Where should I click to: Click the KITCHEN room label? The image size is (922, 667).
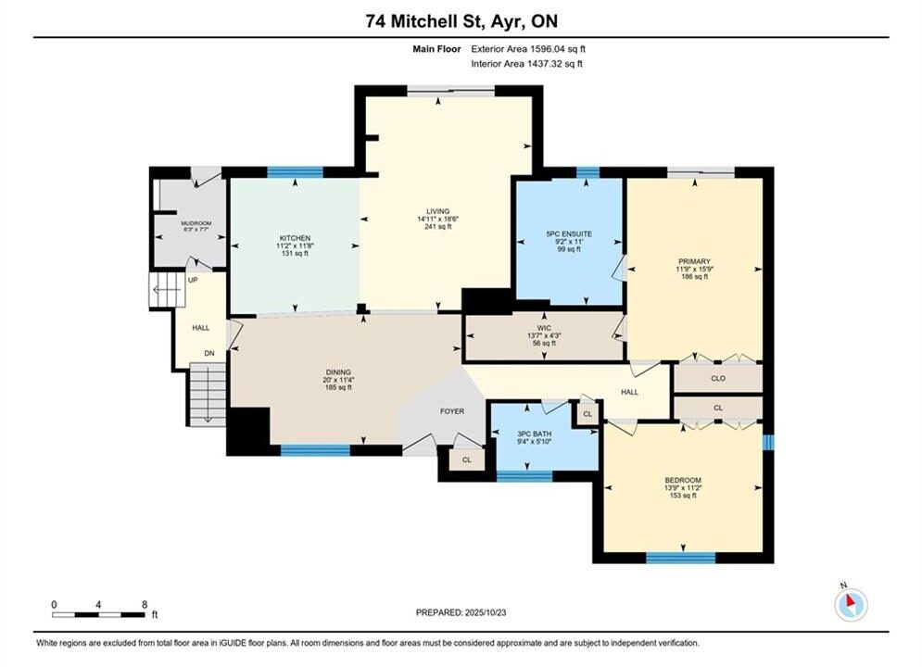tap(295, 238)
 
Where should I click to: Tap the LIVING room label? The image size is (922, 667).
tap(438, 211)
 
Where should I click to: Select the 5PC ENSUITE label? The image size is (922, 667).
tap(569, 233)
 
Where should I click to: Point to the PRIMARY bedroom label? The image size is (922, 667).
tap(694, 261)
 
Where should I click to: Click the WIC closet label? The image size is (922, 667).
tap(544, 328)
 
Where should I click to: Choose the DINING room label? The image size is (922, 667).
tap(338, 372)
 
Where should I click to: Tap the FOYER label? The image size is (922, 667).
tap(452, 411)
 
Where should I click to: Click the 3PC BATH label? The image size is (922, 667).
tap(534, 434)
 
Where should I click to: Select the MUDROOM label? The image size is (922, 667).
tap(196, 224)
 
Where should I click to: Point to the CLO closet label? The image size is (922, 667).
tap(718, 379)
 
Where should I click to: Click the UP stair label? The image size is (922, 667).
tap(193, 281)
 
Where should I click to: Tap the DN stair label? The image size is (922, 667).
tap(209, 353)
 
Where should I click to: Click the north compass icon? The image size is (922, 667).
tap(851, 603)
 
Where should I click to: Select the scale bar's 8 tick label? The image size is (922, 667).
tap(145, 604)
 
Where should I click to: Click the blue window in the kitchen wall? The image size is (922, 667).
tap(296, 172)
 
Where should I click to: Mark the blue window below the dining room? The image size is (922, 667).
tap(315, 451)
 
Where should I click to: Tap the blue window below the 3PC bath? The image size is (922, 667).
tap(524, 476)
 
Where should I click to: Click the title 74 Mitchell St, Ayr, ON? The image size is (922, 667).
tap(461, 21)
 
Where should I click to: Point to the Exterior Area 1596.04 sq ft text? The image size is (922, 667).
tap(528, 49)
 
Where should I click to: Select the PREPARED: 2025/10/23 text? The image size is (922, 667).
tap(461, 612)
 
